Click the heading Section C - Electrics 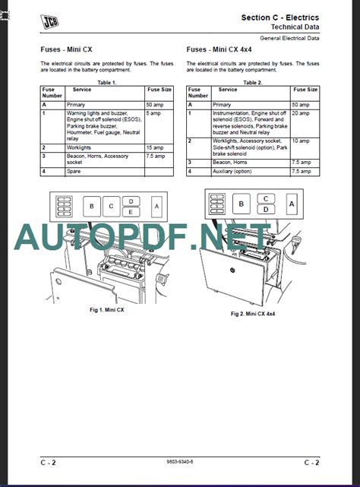pyautogui.click(x=279, y=17)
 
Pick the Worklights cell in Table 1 pyautogui.click(x=79, y=147)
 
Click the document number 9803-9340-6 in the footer pyautogui.click(x=180, y=463)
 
